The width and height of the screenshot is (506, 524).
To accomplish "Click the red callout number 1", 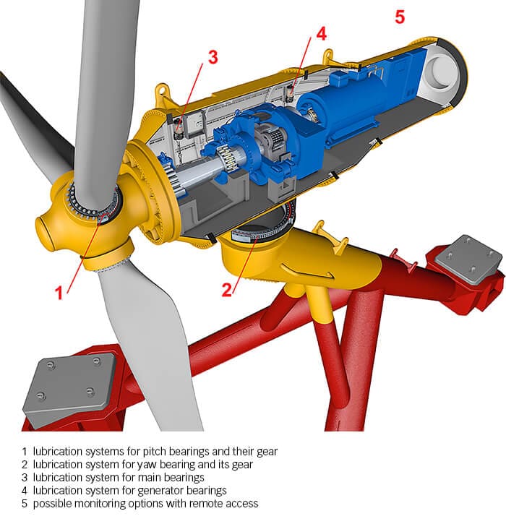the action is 59,293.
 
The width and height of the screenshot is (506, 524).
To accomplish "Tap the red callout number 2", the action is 227,290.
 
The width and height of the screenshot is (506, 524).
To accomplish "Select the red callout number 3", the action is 213,57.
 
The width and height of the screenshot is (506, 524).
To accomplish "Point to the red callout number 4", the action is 321,34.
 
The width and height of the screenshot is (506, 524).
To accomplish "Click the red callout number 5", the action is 400,17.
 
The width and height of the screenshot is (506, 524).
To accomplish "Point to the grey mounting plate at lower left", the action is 69,385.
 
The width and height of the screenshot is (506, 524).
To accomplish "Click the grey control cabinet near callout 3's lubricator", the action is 195,123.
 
